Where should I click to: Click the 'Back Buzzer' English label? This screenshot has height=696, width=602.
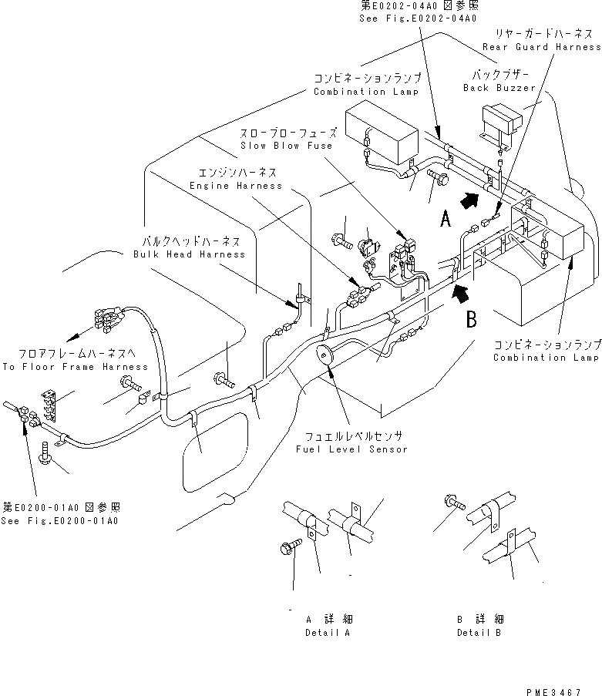tap(499, 88)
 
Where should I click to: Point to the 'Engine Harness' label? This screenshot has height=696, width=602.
tap(236, 186)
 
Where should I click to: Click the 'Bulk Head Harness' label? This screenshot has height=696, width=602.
tap(189, 254)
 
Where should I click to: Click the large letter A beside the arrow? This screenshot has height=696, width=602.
tap(446, 220)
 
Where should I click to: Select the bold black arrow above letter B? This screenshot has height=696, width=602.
tap(460, 291)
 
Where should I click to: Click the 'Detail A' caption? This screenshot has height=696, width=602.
tap(328, 632)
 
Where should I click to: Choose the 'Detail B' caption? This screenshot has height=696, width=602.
tap(478, 632)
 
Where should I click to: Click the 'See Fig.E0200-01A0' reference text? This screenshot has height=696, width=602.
tap(61, 521)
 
